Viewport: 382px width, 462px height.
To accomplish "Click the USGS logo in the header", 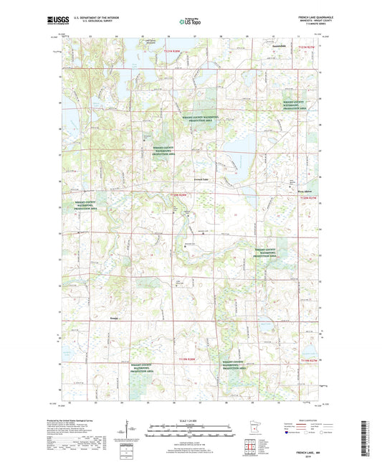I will pyautogui.click(x=55, y=19).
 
